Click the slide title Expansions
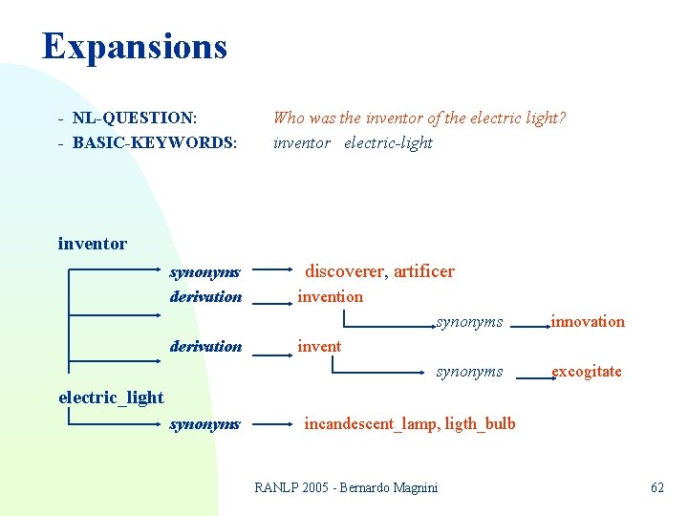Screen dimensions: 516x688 (x=134, y=46)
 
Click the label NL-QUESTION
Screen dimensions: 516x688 (x=135, y=118)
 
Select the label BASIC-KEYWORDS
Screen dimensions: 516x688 (x=154, y=142)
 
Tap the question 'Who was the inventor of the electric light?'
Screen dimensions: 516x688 (x=419, y=118)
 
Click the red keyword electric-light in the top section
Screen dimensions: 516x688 (x=388, y=142)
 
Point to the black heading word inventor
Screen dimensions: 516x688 (x=92, y=244)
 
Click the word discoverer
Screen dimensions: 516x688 (x=344, y=271)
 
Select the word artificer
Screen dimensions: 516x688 (x=424, y=271)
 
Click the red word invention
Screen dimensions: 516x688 (x=330, y=296)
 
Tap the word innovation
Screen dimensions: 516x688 (x=587, y=321)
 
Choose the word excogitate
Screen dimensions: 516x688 (x=586, y=371)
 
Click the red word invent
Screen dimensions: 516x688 (x=318, y=346)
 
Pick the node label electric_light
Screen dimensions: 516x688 (x=111, y=398)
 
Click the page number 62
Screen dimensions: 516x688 (x=656, y=487)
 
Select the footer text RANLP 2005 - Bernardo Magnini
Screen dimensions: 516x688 (x=346, y=487)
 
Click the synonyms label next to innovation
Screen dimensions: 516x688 (x=469, y=322)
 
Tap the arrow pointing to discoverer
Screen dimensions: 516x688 (x=275, y=271)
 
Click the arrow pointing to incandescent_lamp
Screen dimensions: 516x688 (x=275, y=423)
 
